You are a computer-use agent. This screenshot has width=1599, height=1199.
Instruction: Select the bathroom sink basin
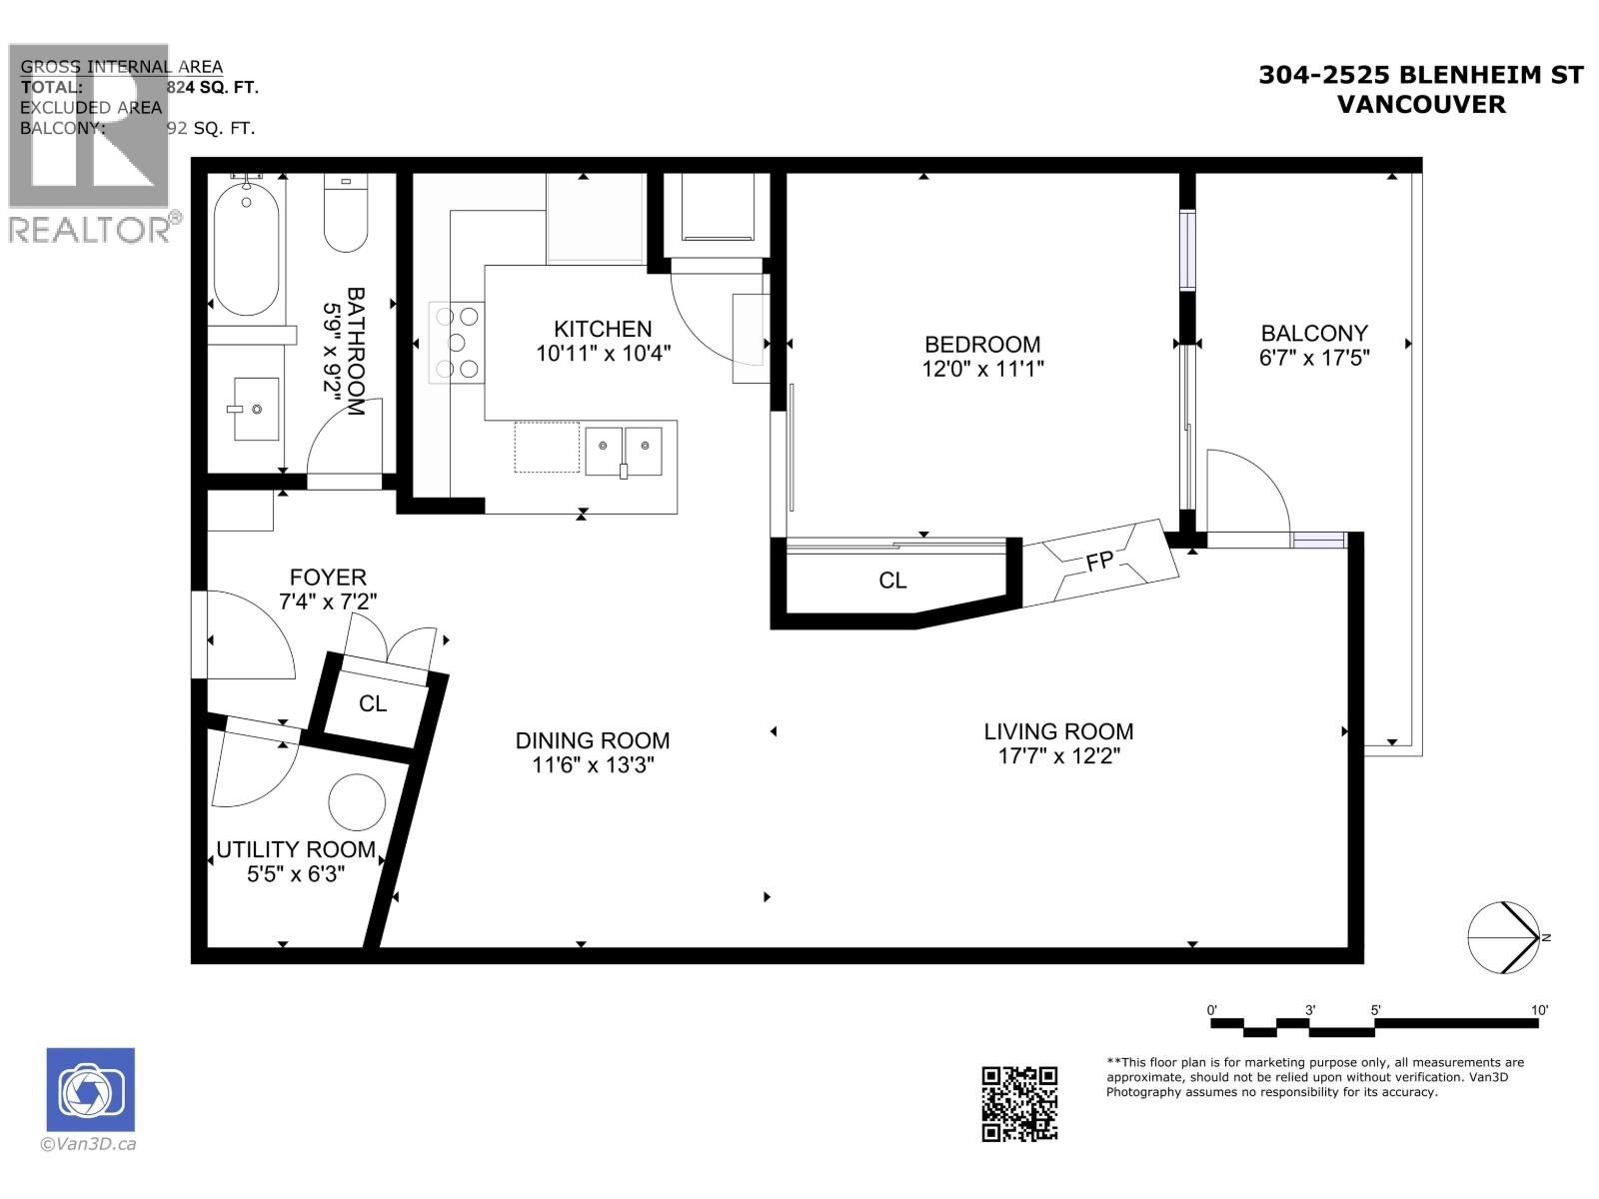[x=256, y=409]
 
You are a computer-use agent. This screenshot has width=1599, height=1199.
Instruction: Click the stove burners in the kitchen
[x=455, y=343]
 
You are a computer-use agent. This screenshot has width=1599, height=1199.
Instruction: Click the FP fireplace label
[x=1100, y=562]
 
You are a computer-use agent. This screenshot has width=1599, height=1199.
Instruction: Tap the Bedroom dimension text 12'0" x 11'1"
[x=982, y=369]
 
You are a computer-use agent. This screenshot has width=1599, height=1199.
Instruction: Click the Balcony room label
[x=1313, y=333]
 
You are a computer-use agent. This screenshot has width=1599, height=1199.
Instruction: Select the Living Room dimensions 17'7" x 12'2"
[x=1058, y=756]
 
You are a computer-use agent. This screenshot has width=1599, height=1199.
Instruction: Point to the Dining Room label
[x=593, y=740]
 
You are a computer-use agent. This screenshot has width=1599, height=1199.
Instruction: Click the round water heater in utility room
[x=357, y=802]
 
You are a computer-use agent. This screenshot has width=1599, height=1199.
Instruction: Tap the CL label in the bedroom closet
[x=892, y=581]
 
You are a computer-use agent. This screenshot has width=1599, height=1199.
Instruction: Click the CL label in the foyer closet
[x=373, y=704]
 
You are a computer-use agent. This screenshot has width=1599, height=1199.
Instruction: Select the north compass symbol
[x=1504, y=937]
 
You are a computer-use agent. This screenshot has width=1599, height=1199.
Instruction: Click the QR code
[x=1019, y=1103]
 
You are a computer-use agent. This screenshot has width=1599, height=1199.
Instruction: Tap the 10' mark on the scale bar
[x=1538, y=1010]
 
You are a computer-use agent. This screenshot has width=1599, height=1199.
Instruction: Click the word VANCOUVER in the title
[x=1420, y=104]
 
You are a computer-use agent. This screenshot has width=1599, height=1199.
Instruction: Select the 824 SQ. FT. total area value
[x=212, y=88]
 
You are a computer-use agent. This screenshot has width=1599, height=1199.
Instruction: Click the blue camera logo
[x=91, y=1089]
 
